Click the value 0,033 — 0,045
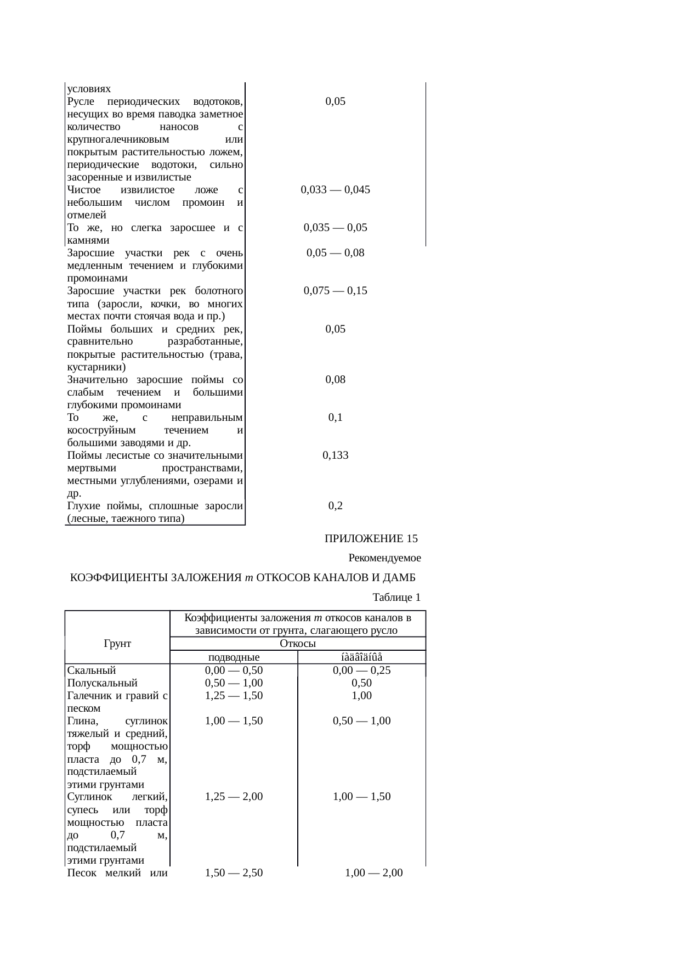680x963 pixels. coord(335,190)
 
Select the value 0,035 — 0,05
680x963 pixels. coord(335,228)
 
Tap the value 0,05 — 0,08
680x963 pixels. coord(335,253)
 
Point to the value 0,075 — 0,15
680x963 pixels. coord(335,291)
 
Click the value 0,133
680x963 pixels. coord(335,455)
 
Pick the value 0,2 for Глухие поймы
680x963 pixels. coord(335,505)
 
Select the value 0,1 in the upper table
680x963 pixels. coord(335,418)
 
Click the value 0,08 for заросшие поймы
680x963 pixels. coord(335,380)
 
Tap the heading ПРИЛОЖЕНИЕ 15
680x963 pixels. coord(371,539)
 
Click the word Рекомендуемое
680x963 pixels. coord(384,559)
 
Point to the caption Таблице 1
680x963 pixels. coord(396,597)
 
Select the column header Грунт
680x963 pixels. coord(117,643)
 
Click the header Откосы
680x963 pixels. coord(298,644)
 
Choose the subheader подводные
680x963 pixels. coord(234,657)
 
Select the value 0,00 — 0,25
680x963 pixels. coord(361,670)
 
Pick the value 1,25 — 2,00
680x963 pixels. coord(234,797)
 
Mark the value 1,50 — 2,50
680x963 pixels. coord(234,872)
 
